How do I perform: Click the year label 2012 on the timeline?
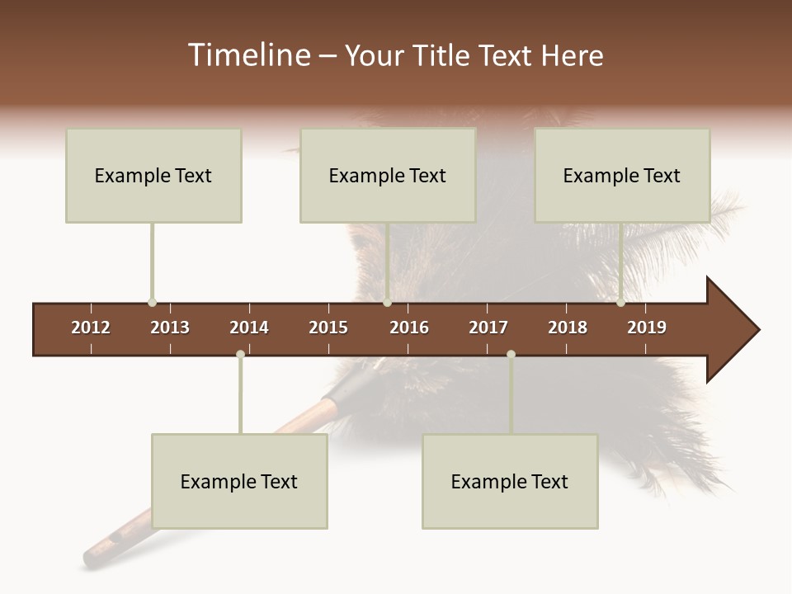pyautogui.click(x=91, y=328)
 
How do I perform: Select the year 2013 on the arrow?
pyautogui.click(x=170, y=328)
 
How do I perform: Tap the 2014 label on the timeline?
pyautogui.click(x=249, y=328)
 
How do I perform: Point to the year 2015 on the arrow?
pyautogui.click(x=328, y=328)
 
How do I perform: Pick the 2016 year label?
pyautogui.click(x=409, y=328)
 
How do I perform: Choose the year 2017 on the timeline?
pyautogui.click(x=488, y=328)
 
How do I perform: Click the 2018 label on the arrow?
pyautogui.click(x=568, y=328)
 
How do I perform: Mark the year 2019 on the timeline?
pyautogui.click(x=647, y=328)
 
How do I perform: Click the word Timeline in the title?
pyautogui.click(x=247, y=55)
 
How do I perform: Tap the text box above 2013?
pyautogui.click(x=153, y=175)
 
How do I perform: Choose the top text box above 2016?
pyautogui.click(x=388, y=175)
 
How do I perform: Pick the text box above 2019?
pyautogui.click(x=622, y=175)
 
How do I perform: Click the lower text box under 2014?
pyautogui.click(x=239, y=481)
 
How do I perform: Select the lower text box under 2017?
pyautogui.click(x=510, y=481)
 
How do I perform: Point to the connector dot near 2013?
pyautogui.click(x=152, y=303)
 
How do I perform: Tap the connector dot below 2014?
pyautogui.click(x=240, y=355)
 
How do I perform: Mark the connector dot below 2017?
pyautogui.click(x=511, y=355)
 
